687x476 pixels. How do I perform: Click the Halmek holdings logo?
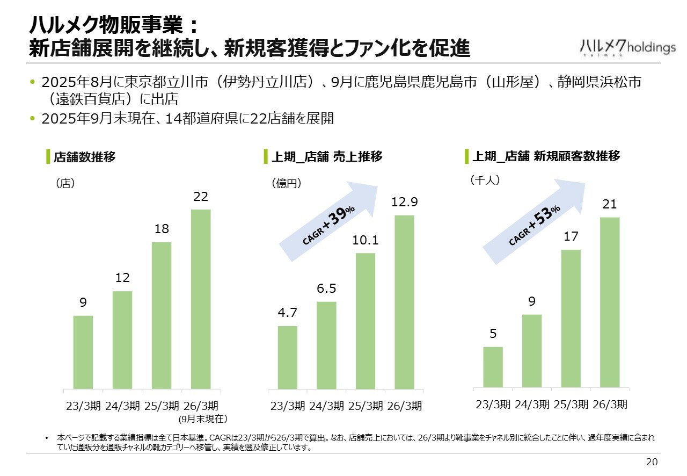pyautogui.click(x=628, y=47)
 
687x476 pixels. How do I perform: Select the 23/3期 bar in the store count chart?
pyautogui.click(x=83, y=352)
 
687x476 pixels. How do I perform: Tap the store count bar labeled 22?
pyautogui.click(x=201, y=299)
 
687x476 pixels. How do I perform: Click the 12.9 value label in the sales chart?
pyautogui.click(x=405, y=202)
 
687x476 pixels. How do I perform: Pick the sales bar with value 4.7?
pyautogui.click(x=288, y=357)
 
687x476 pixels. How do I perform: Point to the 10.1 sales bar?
pyautogui.click(x=366, y=321)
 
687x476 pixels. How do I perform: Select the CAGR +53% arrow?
pyautogui.click(x=534, y=222)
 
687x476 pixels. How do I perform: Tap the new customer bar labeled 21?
pyautogui.click(x=610, y=302)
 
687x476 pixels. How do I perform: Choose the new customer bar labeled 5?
pyautogui.click(x=493, y=367)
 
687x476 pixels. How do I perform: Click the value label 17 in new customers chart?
pyautogui.click(x=571, y=236)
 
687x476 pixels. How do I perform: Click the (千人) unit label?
pyautogui.click(x=485, y=181)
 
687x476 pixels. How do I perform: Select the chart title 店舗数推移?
pyautogui.click(x=85, y=157)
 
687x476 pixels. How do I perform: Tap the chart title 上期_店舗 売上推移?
pyautogui.click(x=327, y=157)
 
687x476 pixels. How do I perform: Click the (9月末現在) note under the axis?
pyautogui.click(x=204, y=418)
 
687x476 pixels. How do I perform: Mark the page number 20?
pyautogui.click(x=652, y=462)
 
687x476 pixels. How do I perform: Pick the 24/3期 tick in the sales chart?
pyautogui.click(x=326, y=406)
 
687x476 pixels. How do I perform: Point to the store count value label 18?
pyautogui.click(x=162, y=229)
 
